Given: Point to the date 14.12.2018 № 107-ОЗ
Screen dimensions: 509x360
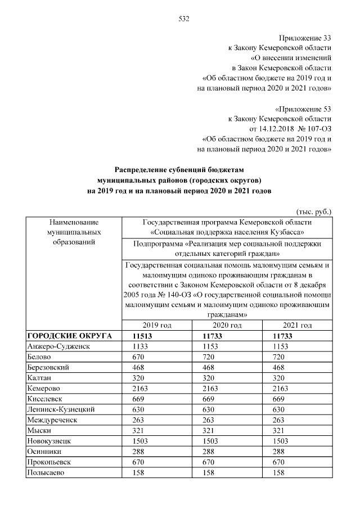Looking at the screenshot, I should click(x=294, y=128).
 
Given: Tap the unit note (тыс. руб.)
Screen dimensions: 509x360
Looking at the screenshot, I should click(x=313, y=211).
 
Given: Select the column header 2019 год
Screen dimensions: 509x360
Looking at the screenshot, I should click(x=157, y=326).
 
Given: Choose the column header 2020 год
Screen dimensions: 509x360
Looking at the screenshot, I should click(x=227, y=326).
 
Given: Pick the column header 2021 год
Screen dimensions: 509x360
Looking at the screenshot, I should click(x=297, y=326).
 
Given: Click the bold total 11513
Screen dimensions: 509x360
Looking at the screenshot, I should click(x=143, y=336).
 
